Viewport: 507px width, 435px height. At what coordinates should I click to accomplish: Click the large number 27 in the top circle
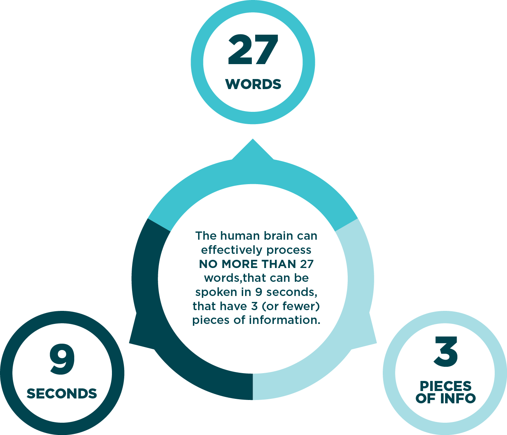point(253,50)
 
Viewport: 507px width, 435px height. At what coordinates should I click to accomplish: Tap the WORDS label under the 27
point(253,84)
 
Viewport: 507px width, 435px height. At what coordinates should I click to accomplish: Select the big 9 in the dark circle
point(62,359)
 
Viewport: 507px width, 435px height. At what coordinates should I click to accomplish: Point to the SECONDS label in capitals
point(62,394)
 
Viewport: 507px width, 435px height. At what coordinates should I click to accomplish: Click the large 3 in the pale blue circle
point(445,352)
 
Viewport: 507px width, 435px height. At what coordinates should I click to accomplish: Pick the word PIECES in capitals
point(445,386)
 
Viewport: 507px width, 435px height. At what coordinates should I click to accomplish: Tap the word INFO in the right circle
point(458,398)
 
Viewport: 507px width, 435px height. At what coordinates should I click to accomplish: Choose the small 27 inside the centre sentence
point(306,264)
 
